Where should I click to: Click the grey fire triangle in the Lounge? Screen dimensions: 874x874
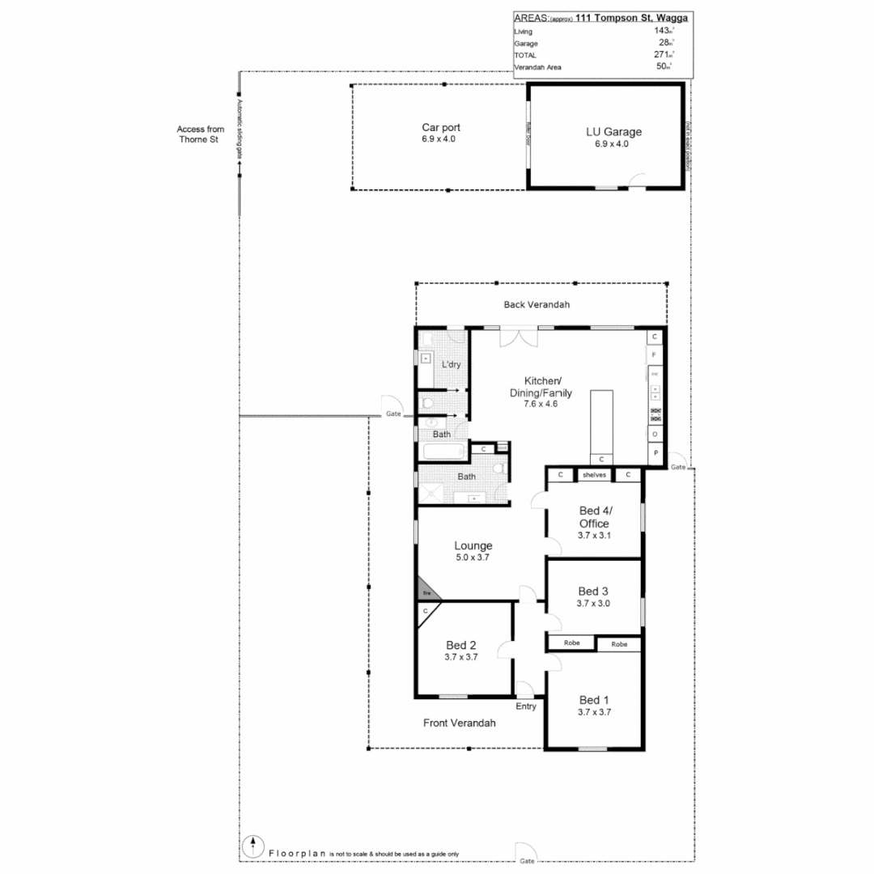[x=424, y=592]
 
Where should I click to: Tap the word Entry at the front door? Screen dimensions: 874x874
[x=527, y=706]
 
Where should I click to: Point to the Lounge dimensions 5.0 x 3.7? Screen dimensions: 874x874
[x=472, y=557]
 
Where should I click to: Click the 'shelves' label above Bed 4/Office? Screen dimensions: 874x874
[x=594, y=475]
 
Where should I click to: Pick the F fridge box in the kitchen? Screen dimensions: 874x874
[x=654, y=354]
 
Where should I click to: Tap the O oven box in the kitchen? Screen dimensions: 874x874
[x=654, y=434]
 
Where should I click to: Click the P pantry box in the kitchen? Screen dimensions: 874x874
[x=654, y=454]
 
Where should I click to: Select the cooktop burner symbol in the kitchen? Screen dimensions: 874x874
[x=655, y=414]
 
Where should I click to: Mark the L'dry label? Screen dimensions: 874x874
[x=451, y=364]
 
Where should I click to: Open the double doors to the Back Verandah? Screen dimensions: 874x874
[x=517, y=337]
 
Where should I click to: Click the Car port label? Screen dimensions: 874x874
[x=441, y=128]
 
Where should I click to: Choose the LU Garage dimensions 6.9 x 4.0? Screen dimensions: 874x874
[x=611, y=144]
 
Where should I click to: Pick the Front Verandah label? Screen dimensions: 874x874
[x=459, y=723]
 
